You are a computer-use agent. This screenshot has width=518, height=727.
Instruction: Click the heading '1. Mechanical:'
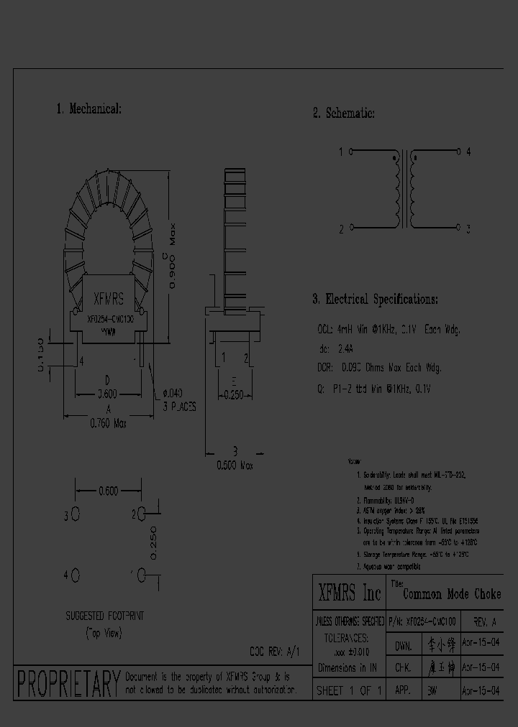88,109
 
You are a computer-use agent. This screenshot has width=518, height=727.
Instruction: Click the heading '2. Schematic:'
343,114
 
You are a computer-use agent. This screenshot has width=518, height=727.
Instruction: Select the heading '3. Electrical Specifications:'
375,299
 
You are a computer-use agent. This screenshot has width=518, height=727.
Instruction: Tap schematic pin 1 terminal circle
351,152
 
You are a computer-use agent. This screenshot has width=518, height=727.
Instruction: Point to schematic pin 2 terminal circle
351,228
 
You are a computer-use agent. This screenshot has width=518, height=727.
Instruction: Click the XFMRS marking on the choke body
109,300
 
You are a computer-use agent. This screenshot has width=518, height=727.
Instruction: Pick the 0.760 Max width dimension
109,424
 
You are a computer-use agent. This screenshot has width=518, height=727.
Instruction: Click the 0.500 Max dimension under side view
235,465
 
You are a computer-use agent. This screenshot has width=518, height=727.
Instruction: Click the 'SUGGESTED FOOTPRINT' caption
105,616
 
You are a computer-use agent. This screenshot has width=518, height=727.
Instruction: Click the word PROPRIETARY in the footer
68,683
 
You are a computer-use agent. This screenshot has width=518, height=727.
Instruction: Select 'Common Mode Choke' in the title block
451,595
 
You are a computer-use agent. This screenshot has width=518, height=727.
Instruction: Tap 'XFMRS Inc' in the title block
350,593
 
